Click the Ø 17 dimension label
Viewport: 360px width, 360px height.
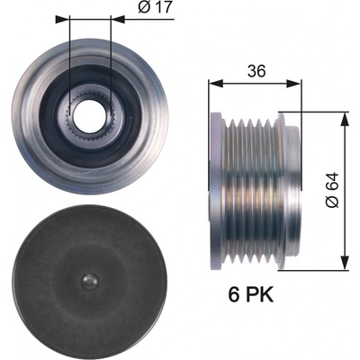click(x=156, y=7)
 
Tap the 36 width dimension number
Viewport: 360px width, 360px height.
click(x=256, y=71)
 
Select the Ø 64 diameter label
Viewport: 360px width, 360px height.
click(x=332, y=190)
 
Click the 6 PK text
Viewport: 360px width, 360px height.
click(x=251, y=295)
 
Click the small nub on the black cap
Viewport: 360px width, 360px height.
click(x=90, y=282)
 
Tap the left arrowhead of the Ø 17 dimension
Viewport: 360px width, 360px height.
click(x=62, y=19)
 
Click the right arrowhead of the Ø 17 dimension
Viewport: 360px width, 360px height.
click(x=118, y=19)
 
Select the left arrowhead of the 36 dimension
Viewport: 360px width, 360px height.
click(x=216, y=84)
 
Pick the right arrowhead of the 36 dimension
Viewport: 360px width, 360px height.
click(x=293, y=84)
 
